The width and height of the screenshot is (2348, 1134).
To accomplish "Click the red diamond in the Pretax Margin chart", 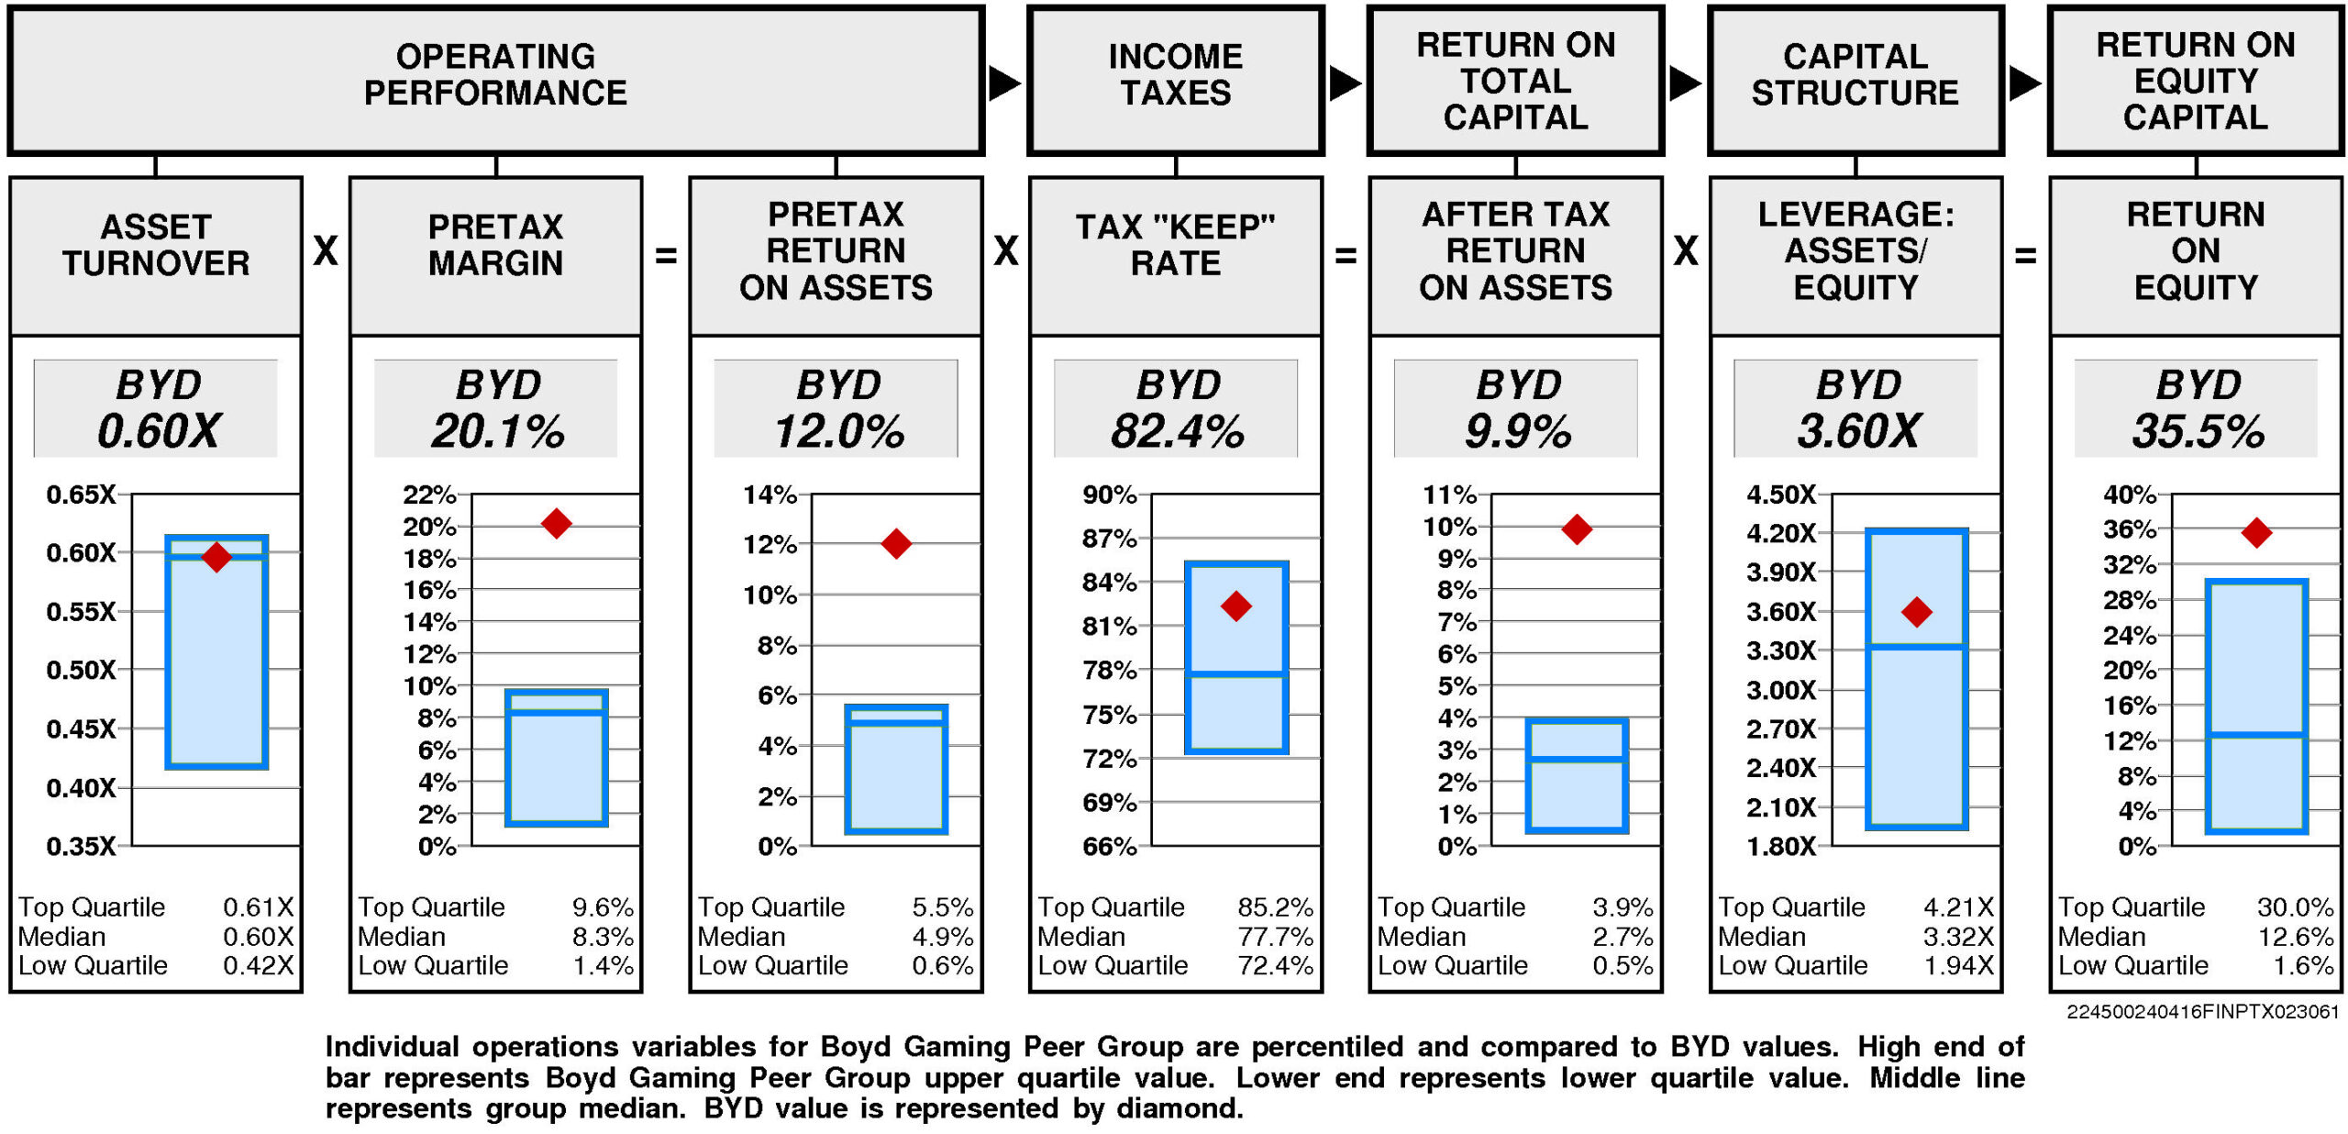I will point(556,524).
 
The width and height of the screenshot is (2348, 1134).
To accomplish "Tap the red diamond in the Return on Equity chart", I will point(2256,532).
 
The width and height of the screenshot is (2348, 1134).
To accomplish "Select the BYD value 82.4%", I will point(1177,431).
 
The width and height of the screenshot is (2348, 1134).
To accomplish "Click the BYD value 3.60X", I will point(1857,431).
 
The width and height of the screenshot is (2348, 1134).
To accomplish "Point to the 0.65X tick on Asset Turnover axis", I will point(82,495).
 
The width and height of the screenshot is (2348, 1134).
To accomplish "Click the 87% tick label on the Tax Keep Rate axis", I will point(1109,539).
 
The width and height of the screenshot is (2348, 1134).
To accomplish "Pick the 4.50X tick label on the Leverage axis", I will point(1780,495).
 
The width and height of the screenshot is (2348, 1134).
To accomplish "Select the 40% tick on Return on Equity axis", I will point(2129,495).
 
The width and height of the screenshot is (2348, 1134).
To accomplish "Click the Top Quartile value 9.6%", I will point(603,907).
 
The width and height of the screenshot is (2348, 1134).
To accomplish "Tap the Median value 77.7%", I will point(1275,937).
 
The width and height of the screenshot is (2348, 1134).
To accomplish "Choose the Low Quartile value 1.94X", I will point(1958,965).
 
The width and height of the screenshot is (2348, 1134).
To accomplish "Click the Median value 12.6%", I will point(2295,937).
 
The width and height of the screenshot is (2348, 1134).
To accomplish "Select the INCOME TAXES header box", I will point(1176,81).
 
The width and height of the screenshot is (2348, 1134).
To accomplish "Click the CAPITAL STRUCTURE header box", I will point(1855,81).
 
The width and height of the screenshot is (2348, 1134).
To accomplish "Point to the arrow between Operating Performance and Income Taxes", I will point(1004,83).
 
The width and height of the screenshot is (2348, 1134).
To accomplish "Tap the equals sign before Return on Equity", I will point(2025,255).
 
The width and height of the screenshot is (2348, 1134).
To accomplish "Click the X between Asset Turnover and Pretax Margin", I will point(326,251).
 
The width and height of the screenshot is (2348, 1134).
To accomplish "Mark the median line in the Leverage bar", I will point(1916,647).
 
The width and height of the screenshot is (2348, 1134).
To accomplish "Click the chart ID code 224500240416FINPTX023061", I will point(2202,1012).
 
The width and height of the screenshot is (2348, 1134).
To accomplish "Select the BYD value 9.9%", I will point(1518,431).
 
